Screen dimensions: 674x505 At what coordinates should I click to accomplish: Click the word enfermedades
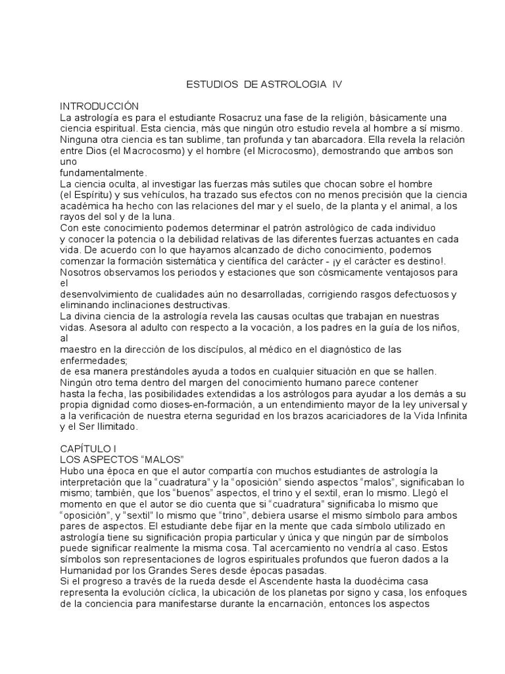coord(92,360)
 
